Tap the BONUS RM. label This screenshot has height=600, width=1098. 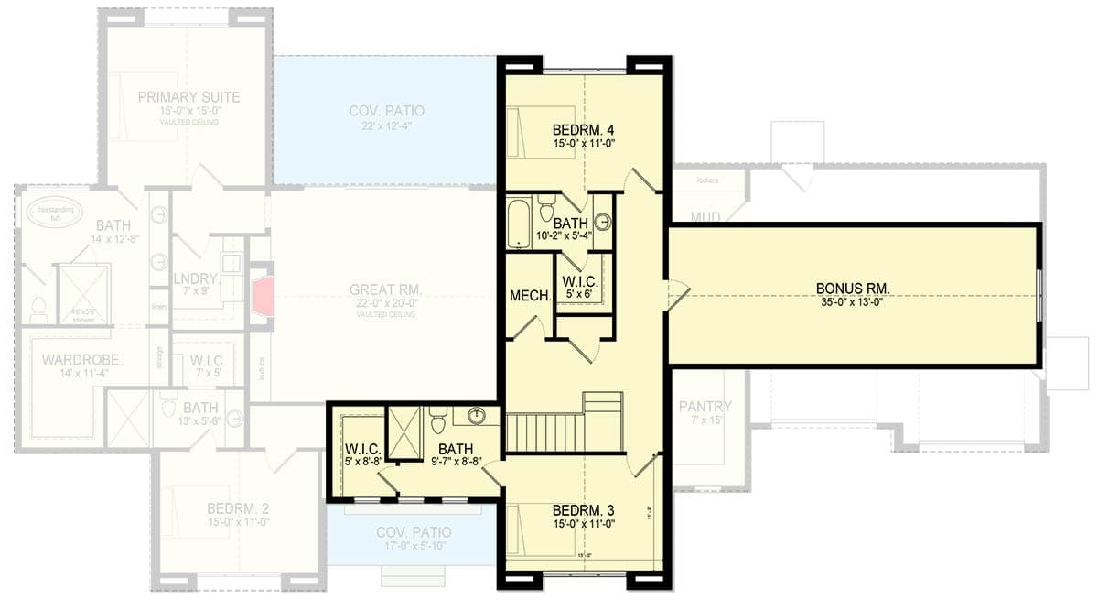[x=853, y=289]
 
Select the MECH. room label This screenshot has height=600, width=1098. [x=530, y=296]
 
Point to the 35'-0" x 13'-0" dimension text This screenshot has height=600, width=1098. [x=853, y=302]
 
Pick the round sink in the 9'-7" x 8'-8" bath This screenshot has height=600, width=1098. [x=476, y=417]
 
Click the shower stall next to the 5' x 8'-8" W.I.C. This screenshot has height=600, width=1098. [x=402, y=431]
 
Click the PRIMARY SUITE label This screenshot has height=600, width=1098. [x=189, y=97]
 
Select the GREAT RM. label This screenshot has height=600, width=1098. [x=384, y=290]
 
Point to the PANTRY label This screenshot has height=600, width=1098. [x=705, y=406]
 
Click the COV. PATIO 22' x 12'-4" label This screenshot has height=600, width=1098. [x=386, y=111]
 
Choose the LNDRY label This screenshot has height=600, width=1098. [x=196, y=278]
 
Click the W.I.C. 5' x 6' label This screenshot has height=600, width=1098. [x=581, y=284]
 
